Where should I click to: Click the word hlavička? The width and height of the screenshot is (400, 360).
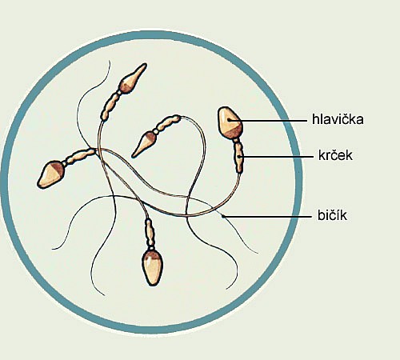tap(338, 119)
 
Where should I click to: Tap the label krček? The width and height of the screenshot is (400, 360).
tap(335, 155)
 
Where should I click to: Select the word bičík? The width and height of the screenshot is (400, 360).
tap(332, 215)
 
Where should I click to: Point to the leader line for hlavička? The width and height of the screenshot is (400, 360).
tap(267, 121)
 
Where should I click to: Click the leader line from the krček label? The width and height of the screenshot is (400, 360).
tap(276, 157)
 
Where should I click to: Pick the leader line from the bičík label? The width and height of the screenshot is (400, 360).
tap(266, 217)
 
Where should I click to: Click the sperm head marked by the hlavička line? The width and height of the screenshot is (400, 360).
tap(230, 122)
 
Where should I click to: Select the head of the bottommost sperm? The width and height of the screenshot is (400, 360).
tap(152, 267)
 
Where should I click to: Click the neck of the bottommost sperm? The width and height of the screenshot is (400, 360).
tap(150, 233)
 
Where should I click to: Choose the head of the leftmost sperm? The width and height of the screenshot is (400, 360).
tap(51, 174)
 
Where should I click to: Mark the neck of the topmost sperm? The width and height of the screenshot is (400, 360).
tap(111, 105)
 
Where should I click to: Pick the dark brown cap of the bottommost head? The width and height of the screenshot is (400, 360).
tap(151, 254)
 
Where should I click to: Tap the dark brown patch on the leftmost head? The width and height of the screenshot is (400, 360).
tap(58, 168)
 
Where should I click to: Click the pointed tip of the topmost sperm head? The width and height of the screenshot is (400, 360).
tap(146, 64)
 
